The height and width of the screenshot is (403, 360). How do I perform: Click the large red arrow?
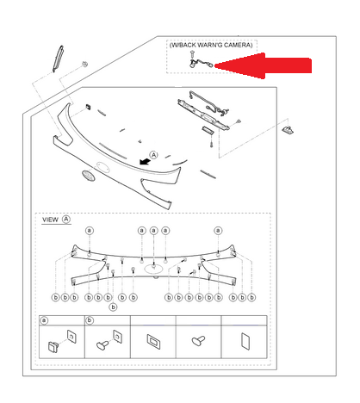pyautogui.click(x=263, y=65)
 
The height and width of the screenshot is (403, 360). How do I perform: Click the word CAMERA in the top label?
pyautogui.click(x=237, y=45)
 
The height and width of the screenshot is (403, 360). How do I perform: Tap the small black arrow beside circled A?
pyautogui.click(x=145, y=162)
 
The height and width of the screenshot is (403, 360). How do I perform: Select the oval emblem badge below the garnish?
pyautogui.click(x=88, y=176)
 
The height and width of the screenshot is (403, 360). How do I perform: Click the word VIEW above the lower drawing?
pyautogui.click(x=50, y=220)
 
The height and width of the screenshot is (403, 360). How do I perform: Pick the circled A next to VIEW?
pyautogui.click(x=66, y=220)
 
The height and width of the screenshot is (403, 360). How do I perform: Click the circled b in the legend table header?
pyautogui.click(x=90, y=320)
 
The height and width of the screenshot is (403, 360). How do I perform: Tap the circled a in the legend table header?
pyautogui.click(x=44, y=320)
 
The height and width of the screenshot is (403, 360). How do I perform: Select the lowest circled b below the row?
pyautogui.click(x=114, y=307)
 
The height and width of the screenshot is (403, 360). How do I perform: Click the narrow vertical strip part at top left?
pyautogui.click(x=58, y=59)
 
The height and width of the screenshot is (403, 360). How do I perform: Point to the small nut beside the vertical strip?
pyautogui.click(x=84, y=64)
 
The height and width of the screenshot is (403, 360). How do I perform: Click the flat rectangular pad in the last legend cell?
pyautogui.click(x=245, y=341)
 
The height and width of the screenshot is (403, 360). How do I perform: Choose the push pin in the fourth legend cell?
pyautogui.click(x=198, y=340)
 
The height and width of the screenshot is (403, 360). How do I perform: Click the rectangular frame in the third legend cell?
pyautogui.click(x=153, y=341)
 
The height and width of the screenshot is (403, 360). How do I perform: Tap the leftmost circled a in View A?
pyautogui.click(x=90, y=231)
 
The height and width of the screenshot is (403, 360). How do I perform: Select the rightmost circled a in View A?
pyautogui.click(x=218, y=231)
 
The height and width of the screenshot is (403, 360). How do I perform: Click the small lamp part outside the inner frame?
pyautogui.click(x=288, y=130)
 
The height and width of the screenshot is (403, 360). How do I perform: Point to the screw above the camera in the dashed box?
pyautogui.click(x=192, y=54)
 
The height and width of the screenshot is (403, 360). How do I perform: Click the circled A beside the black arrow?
pyautogui.click(x=154, y=155)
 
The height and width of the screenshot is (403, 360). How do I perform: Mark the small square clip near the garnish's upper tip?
pyautogui.click(x=88, y=108)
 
